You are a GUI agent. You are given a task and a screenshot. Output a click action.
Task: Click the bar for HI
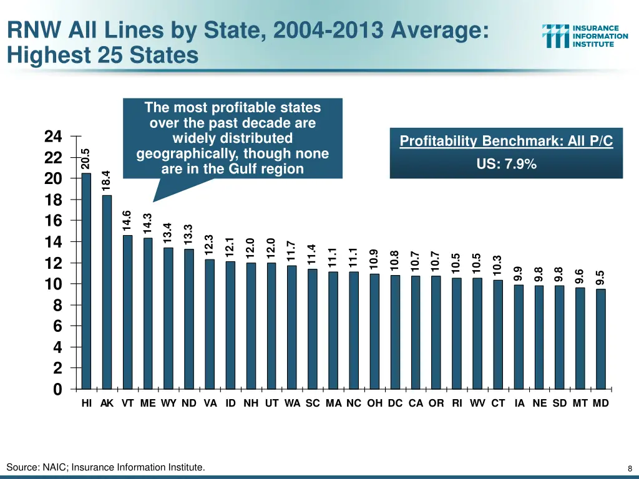click(86, 281)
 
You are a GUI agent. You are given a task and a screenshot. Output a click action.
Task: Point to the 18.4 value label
click(107, 181)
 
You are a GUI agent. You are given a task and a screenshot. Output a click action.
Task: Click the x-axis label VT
click(127, 403)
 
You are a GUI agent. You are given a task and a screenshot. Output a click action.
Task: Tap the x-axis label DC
click(395, 403)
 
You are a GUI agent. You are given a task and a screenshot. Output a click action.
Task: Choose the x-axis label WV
click(477, 403)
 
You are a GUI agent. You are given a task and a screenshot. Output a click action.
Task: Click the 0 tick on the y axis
click(57, 389)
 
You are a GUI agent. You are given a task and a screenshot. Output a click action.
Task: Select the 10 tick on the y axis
click(54, 284)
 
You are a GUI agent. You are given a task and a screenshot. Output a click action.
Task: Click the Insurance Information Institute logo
click(585, 36)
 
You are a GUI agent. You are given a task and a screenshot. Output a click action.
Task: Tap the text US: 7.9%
click(506, 165)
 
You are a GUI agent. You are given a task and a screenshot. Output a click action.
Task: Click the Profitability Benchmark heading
click(506, 142)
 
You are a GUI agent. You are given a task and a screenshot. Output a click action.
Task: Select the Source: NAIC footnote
click(105, 467)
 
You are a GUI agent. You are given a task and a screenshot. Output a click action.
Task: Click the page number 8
click(630, 468)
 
